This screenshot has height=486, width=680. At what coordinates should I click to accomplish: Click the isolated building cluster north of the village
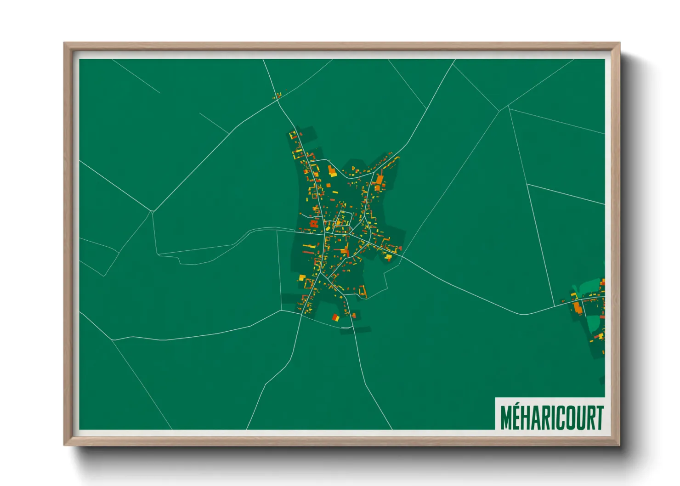click(277, 96)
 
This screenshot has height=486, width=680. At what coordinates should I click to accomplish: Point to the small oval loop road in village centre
click(344, 219)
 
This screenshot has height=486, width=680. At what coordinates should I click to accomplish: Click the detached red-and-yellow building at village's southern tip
click(336, 317)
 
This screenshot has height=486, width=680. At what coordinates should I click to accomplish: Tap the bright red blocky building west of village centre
click(314, 224)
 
